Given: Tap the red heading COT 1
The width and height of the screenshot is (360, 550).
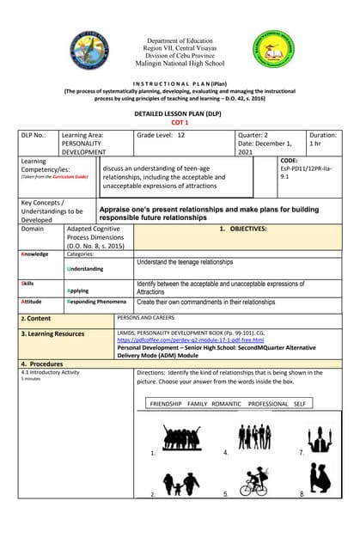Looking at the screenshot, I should (180, 122).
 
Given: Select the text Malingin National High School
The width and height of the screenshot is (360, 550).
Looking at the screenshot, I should (180, 64).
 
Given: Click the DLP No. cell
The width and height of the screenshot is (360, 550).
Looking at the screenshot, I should (36, 135).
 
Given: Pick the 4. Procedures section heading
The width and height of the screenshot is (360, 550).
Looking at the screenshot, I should (42, 364).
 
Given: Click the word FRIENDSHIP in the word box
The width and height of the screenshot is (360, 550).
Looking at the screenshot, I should (166, 402).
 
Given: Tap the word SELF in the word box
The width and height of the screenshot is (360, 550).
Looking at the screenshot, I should (300, 402).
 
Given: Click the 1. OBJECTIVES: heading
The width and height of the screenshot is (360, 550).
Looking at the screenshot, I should (243, 229).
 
